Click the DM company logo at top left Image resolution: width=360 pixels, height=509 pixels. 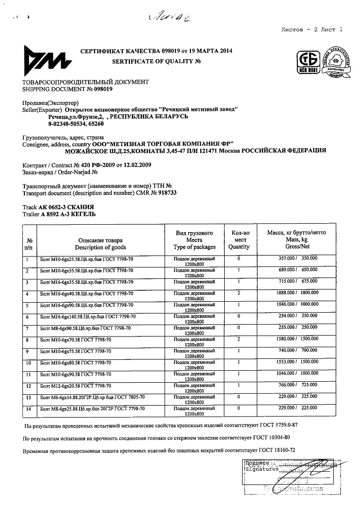click(x=41, y=61)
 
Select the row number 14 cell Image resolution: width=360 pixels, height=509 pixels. click(x=28, y=409)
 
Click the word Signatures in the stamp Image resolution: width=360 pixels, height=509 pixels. click(x=261, y=469)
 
